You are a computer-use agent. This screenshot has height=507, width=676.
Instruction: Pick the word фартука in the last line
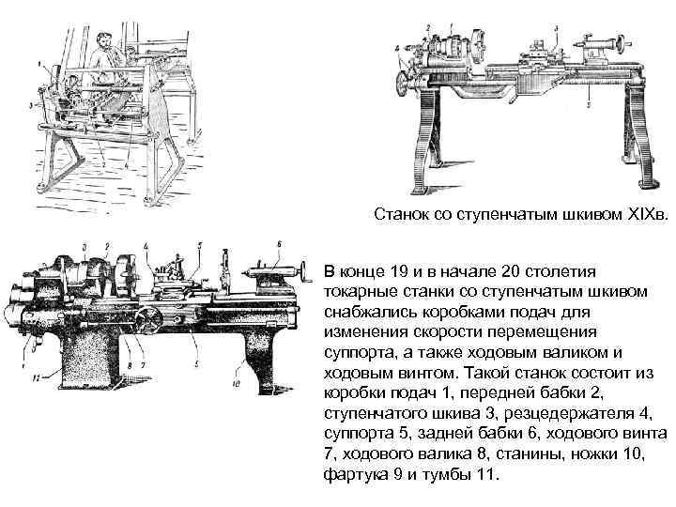point(352,474)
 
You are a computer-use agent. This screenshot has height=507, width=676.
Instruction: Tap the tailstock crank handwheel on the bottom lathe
point(303,272)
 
